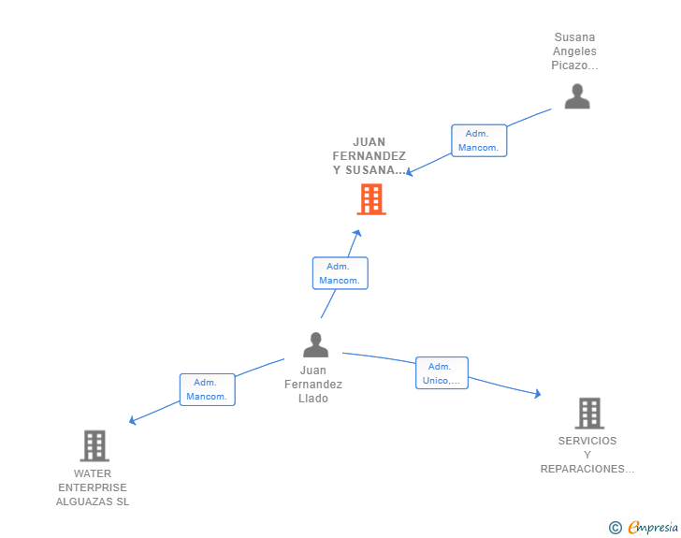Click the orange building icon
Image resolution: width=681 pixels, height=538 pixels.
pos(371,199)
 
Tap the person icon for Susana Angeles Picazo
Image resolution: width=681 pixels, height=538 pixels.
pos(577,96)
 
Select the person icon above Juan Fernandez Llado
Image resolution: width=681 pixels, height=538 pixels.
pos(316,345)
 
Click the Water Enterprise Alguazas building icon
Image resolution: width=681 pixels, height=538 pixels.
pos(94,446)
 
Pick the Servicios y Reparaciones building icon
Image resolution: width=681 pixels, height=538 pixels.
pos(588,413)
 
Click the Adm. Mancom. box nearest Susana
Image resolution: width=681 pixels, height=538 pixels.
pos(479,140)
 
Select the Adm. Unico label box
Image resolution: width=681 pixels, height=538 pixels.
pos(442,373)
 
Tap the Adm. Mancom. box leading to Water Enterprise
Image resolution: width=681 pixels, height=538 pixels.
pos(207,389)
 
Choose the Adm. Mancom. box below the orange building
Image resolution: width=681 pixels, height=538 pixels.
pos(340,273)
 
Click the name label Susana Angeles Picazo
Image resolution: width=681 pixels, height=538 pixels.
pos(574,51)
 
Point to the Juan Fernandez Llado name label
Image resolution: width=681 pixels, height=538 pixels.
pos(314,385)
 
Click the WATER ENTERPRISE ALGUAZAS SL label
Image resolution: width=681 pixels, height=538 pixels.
pos(93,487)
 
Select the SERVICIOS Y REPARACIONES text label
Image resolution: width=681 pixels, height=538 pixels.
pos(587,455)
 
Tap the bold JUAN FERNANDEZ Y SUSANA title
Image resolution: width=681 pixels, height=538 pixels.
pos(369,156)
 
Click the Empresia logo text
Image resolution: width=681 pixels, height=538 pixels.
pos(652,528)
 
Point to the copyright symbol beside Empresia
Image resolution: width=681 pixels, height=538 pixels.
pos(616,528)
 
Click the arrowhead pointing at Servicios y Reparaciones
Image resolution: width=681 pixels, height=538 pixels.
pos(537,394)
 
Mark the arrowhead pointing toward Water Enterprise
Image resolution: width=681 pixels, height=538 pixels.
pos(133,421)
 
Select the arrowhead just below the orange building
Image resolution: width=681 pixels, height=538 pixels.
pos(356,233)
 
